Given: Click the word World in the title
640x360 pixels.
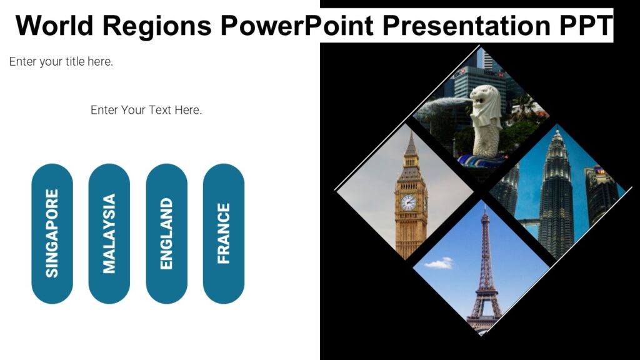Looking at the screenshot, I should click(57, 26).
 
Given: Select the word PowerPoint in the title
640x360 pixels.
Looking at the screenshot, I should click(297, 26).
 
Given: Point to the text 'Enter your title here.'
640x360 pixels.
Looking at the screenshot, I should click(61, 62).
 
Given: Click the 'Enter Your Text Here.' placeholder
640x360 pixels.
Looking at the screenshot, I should click(146, 111).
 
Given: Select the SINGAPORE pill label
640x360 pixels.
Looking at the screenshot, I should click(52, 233).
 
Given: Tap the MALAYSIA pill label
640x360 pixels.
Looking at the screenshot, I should click(109, 233).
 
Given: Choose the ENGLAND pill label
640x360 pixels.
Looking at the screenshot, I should click(166, 233).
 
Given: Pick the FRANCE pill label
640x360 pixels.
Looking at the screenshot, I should click(224, 233).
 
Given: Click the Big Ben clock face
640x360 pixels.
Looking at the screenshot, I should click(407, 202).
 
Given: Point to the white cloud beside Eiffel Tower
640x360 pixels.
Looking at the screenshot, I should click(440, 263).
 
